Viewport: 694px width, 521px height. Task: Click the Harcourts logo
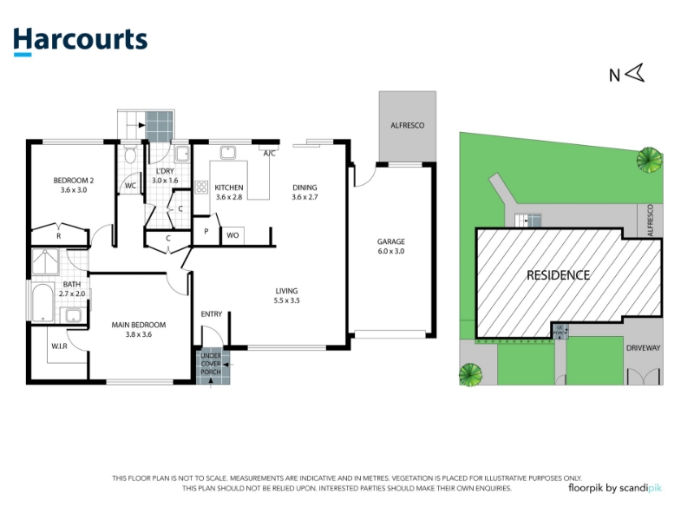point(80,41)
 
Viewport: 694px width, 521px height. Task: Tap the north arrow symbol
point(636,73)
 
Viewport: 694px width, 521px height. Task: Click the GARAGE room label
point(391,241)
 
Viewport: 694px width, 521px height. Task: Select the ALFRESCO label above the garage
point(407,125)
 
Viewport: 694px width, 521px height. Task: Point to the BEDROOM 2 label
point(74,181)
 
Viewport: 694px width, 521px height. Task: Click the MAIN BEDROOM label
point(139,325)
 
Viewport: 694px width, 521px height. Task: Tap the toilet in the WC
point(130,155)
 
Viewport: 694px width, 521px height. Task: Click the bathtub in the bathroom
point(43,302)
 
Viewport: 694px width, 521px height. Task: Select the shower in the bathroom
point(45,262)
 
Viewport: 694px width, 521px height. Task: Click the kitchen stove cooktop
point(201,187)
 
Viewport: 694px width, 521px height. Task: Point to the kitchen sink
point(228,153)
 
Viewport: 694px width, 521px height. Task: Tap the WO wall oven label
point(232,235)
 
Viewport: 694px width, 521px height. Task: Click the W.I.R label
point(59,346)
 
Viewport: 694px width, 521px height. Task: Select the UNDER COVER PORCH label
point(211,364)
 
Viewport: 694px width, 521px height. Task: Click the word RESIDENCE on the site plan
point(558,275)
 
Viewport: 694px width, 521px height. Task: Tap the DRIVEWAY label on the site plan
point(643,348)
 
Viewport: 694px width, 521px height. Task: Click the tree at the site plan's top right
point(650,160)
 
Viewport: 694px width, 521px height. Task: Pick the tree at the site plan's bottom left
point(470,375)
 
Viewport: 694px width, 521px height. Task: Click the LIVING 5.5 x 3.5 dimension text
point(287,300)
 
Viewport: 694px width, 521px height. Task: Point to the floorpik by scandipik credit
point(615,488)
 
